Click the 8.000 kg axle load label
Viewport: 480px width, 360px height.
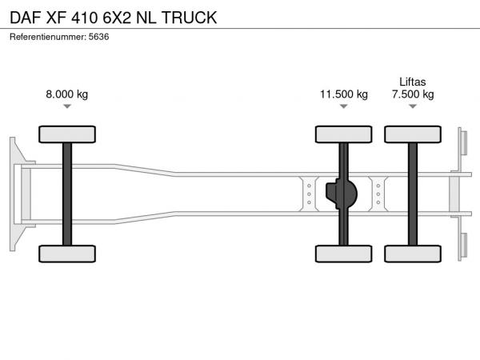tap(67, 94)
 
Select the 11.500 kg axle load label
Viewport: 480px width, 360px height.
tap(344, 94)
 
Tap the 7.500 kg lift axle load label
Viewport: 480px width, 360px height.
tap(413, 94)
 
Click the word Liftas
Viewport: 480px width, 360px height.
tap(413, 82)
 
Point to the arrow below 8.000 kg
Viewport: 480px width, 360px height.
tap(67, 106)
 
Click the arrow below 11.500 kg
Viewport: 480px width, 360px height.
tap(344, 106)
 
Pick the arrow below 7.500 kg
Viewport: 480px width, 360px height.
tap(413, 106)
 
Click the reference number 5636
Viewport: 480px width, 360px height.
tap(98, 37)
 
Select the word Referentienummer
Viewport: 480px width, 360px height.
tap(47, 37)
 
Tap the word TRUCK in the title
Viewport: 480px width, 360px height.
tap(189, 18)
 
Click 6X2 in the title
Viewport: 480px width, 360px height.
tap(117, 18)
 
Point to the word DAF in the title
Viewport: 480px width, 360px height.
tap(26, 18)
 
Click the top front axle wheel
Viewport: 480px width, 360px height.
tap(67, 134)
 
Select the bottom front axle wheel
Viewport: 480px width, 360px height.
tap(67, 254)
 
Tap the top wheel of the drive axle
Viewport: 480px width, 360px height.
tap(344, 134)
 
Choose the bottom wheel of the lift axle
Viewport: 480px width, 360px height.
tap(413, 254)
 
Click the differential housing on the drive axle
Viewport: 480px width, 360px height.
tap(342, 194)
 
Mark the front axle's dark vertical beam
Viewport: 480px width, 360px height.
tap(67, 194)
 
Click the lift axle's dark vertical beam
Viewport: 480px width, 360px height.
tap(413, 194)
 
